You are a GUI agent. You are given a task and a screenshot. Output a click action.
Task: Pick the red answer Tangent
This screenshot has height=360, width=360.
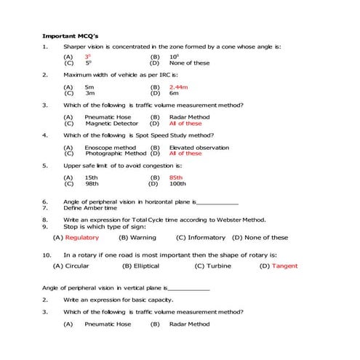(284, 266)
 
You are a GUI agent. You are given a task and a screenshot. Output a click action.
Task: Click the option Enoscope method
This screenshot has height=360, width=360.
(111, 147)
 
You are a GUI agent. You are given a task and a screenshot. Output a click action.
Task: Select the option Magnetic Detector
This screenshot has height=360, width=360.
(110, 123)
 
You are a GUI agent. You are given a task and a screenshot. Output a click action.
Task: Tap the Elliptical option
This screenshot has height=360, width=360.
(145, 266)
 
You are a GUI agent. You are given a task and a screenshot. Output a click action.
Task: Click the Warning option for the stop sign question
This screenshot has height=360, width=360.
(143, 237)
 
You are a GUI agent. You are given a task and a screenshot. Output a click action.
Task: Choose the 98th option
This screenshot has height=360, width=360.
(90, 183)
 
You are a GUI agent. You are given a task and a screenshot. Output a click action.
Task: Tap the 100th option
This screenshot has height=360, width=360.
(177, 183)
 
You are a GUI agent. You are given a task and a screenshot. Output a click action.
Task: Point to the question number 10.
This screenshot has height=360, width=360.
(47, 255)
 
